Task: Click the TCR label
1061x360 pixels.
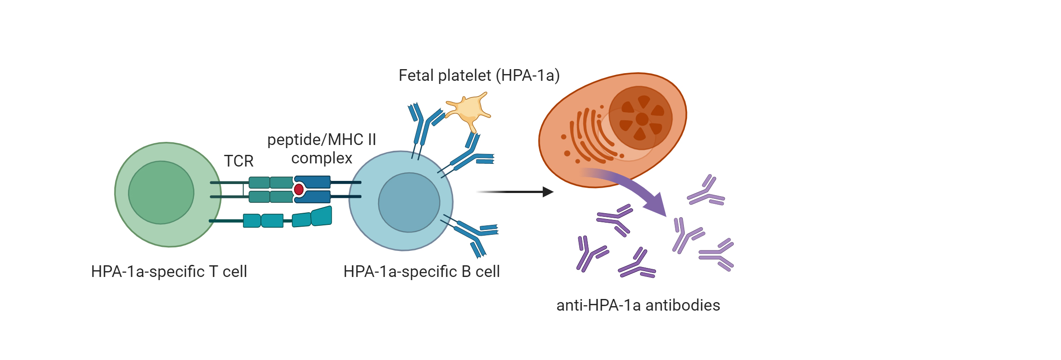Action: (x=238, y=161)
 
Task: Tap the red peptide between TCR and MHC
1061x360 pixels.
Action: (x=299, y=189)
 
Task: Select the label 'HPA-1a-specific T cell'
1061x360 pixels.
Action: (x=169, y=272)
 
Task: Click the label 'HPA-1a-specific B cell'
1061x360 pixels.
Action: (x=421, y=272)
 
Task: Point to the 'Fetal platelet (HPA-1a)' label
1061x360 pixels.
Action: (x=479, y=75)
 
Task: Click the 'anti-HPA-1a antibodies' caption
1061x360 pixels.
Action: (x=638, y=305)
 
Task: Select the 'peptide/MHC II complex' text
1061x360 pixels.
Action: (x=321, y=149)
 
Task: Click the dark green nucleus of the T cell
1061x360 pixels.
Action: (x=161, y=193)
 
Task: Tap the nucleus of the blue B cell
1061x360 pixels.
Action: (x=409, y=202)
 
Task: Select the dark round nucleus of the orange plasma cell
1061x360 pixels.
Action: (x=640, y=118)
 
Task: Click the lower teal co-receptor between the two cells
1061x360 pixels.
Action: (x=287, y=219)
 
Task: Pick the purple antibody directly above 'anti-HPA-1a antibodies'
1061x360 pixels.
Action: (x=637, y=265)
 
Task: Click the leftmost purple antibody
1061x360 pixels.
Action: (x=589, y=254)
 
